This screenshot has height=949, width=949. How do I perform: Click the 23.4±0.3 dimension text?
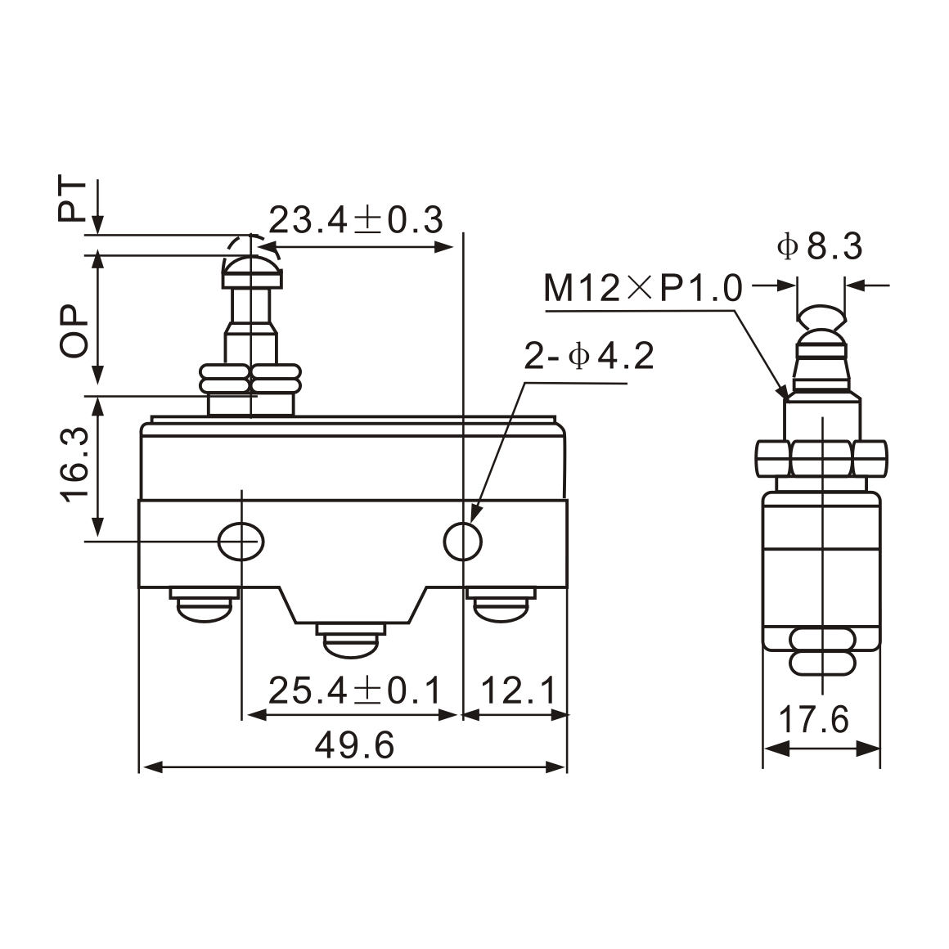356,220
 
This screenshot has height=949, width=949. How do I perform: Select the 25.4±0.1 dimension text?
353,691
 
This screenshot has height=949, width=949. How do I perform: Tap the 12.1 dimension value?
518,691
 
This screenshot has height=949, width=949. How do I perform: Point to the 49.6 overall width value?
354,745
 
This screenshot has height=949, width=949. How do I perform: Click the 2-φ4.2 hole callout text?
589,357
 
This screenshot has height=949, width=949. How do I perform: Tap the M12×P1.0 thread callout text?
643,289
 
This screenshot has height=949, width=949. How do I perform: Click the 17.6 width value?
813,721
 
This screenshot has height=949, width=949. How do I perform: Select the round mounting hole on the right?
463,541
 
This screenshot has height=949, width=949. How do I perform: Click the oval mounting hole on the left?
241,541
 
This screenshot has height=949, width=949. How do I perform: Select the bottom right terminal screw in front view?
500,607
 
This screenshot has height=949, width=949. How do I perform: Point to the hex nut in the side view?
821,459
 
